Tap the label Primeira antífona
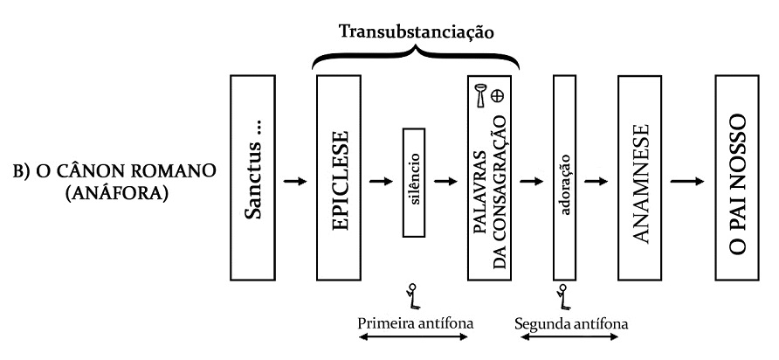pos(416,322)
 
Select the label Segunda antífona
pos(569,322)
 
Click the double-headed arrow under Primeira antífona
pos(416,339)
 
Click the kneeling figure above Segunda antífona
pos(562,296)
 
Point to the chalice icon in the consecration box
pos(480,95)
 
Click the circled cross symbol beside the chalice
pos(499,96)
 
